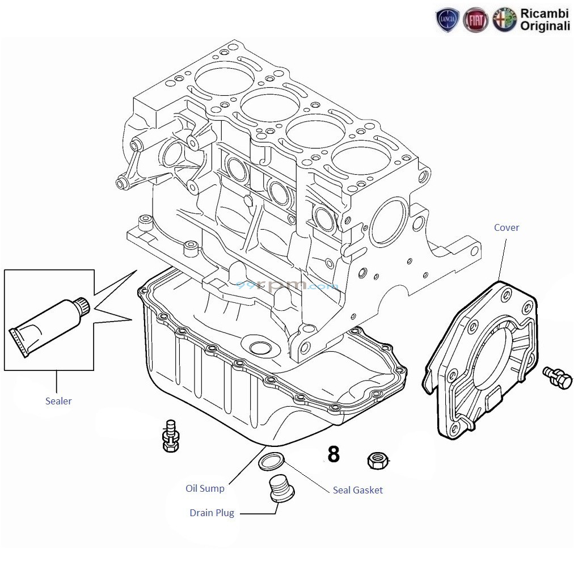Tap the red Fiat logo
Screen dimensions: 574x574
[x=475, y=20]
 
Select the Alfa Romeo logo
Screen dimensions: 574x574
[x=504, y=20]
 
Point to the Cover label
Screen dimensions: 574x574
[x=506, y=227]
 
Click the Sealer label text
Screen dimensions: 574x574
[x=58, y=401]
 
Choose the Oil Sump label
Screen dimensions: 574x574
[x=205, y=488]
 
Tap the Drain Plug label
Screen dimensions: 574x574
[x=212, y=513]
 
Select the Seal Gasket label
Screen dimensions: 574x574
[x=357, y=490]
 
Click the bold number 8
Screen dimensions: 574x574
[x=334, y=454]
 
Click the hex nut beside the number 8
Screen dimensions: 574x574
[x=377, y=459]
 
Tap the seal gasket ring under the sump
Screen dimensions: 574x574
[x=271, y=462]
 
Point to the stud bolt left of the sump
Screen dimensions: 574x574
[x=170, y=436]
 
